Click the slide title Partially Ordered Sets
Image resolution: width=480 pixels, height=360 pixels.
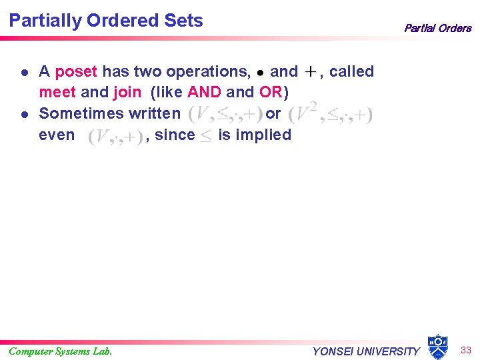106,21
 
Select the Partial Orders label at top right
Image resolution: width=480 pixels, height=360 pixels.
437,28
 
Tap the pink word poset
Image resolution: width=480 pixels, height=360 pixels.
76,71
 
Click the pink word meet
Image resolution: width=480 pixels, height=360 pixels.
57,93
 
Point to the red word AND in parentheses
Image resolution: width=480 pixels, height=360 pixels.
204,93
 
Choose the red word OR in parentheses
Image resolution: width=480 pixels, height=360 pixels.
271,93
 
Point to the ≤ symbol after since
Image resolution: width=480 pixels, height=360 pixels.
207,136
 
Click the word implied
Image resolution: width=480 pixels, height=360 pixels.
265,135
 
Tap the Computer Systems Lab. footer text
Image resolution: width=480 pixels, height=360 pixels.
61,351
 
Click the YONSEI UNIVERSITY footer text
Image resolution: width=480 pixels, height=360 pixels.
366,351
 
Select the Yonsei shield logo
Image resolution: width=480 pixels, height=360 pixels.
437,347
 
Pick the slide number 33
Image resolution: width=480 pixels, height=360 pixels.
465,349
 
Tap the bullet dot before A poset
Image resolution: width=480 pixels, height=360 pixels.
24,72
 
